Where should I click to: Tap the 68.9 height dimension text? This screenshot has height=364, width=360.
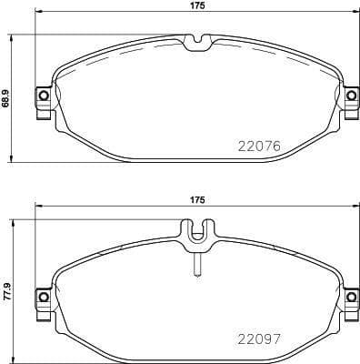click(x=7, y=94)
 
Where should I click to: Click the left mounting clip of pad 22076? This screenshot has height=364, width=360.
click(x=42, y=96)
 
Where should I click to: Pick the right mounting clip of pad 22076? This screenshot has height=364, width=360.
click(x=352, y=96)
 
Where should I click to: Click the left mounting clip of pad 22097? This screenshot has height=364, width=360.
click(x=42, y=297)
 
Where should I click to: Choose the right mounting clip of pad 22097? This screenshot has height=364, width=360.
click(x=352, y=297)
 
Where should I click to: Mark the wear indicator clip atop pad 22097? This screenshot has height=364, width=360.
click(x=197, y=235)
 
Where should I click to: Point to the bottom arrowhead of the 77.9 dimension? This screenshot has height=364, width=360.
click(x=12, y=357)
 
